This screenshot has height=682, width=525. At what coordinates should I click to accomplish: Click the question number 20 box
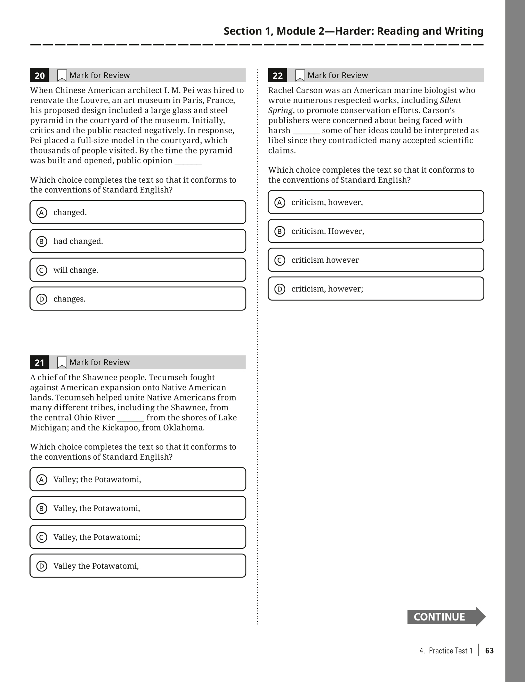[39, 76]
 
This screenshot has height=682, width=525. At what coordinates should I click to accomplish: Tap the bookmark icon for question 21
[62, 363]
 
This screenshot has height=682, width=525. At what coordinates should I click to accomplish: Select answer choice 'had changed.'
[138, 241]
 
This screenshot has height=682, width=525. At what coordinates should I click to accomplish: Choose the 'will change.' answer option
[138, 270]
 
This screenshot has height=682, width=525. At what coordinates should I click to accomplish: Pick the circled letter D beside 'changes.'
[42, 299]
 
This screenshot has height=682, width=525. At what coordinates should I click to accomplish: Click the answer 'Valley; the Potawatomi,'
[138, 479]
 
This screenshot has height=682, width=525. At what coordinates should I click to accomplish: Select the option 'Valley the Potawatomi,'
[138, 566]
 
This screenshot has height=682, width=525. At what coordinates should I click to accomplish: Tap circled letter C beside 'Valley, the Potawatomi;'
[42, 537]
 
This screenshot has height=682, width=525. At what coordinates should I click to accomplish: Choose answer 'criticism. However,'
[376, 231]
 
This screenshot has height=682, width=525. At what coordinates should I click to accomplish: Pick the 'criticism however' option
[376, 260]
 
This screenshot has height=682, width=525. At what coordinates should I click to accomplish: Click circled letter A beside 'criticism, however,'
[280, 202]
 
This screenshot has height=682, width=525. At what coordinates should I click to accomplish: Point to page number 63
[489, 651]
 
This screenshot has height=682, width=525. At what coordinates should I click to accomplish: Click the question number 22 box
[278, 76]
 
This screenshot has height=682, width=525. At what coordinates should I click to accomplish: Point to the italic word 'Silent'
[450, 100]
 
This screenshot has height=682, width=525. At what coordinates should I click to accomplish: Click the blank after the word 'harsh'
[306, 131]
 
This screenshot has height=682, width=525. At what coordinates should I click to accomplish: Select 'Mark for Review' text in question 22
[337, 75]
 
